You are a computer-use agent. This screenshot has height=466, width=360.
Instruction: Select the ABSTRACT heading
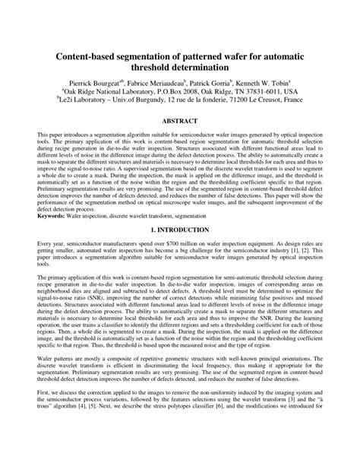[180, 122]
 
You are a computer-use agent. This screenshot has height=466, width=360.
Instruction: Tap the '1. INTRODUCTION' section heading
[180, 229]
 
